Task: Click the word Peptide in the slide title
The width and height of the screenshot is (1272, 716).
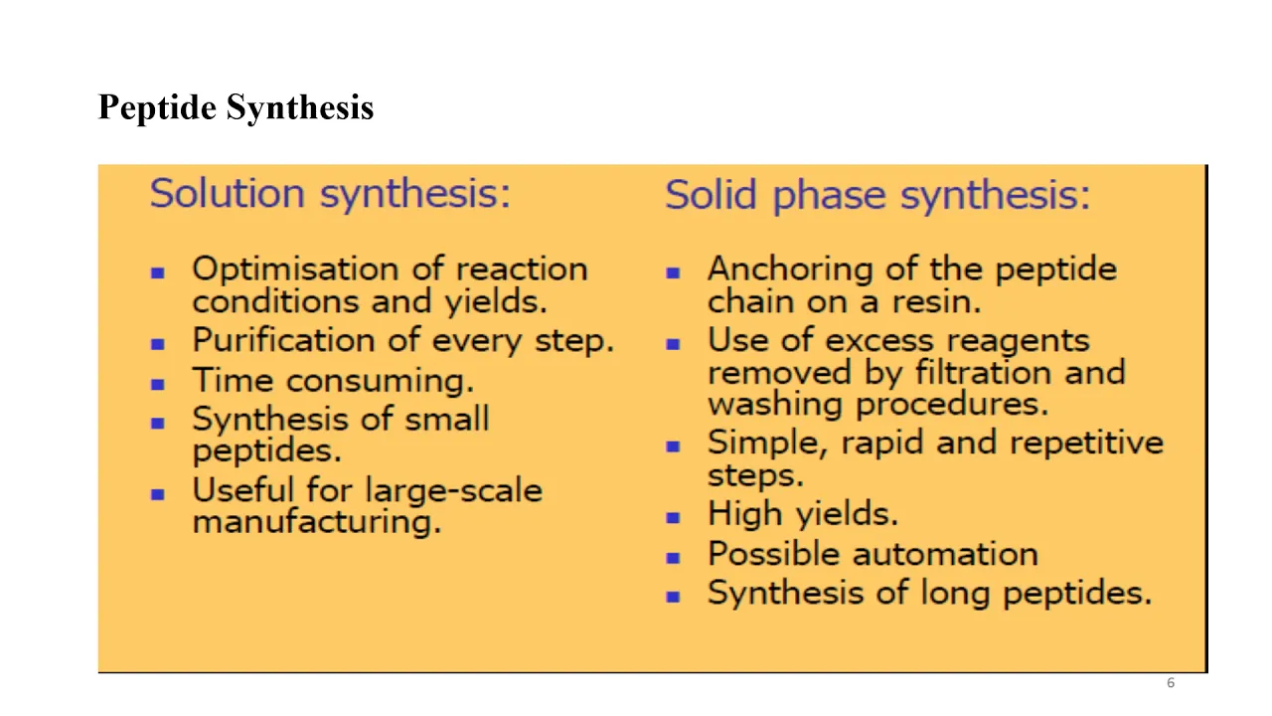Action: [x=157, y=107]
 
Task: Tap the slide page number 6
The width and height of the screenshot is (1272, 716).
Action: [x=1171, y=682]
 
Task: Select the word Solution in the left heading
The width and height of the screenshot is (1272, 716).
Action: [x=228, y=193]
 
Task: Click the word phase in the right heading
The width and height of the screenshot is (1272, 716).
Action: [x=829, y=197]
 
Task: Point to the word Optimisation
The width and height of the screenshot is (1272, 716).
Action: [x=295, y=269]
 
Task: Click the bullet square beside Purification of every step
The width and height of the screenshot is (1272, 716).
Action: [x=158, y=344]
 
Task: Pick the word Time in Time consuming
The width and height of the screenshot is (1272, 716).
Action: [x=233, y=380]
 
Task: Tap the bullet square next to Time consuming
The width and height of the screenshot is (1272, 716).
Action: [x=158, y=384]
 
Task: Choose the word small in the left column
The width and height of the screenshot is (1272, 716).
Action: [x=447, y=419]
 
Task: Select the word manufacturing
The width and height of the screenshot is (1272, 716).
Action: [x=317, y=522]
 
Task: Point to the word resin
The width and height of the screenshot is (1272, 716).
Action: [x=936, y=301]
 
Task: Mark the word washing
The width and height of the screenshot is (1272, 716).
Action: [x=775, y=406]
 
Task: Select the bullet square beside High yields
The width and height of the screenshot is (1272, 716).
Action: [x=673, y=518]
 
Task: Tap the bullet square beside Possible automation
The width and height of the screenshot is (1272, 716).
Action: [x=673, y=558]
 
